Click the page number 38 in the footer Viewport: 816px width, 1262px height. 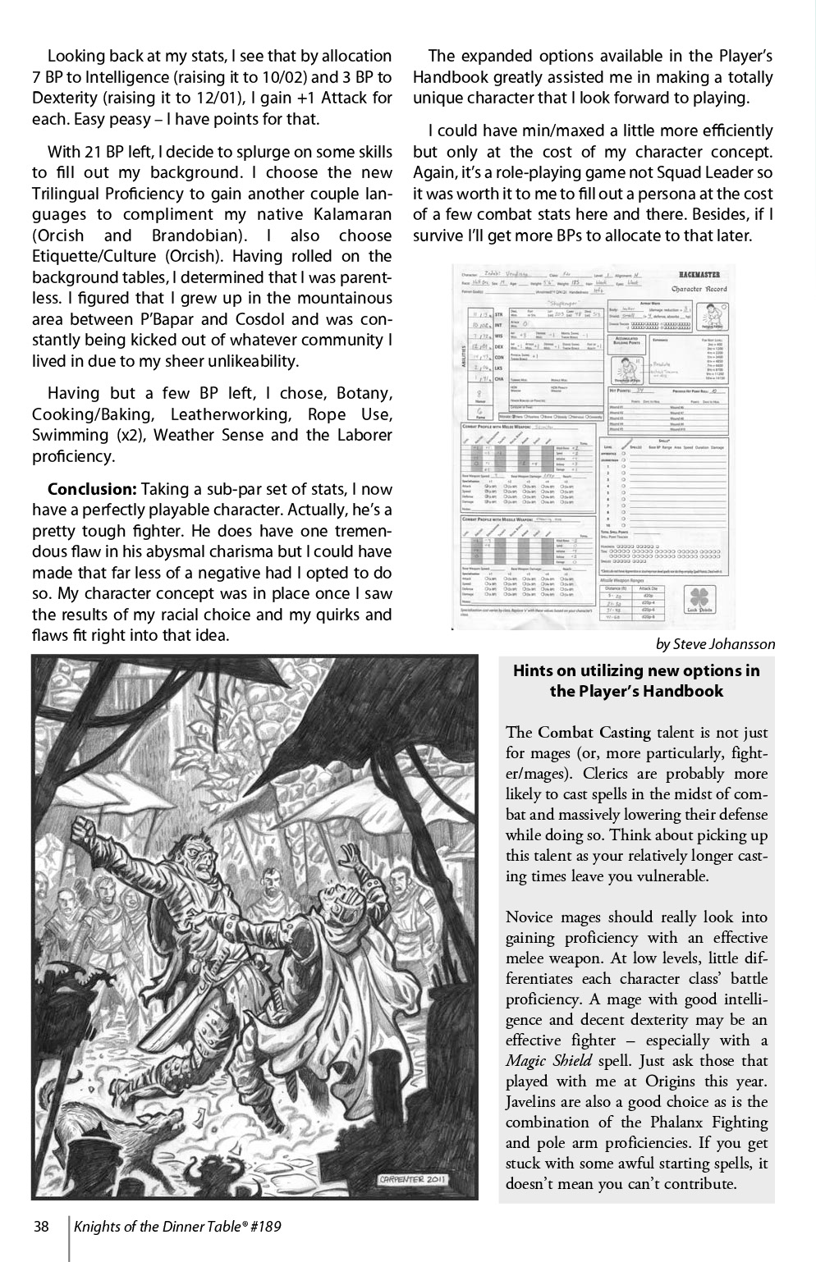[x=41, y=1228]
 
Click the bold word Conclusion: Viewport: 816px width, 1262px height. [x=92, y=489]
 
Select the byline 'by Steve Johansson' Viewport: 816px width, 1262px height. [x=715, y=644]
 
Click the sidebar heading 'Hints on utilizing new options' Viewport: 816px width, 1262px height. [x=636, y=670]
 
